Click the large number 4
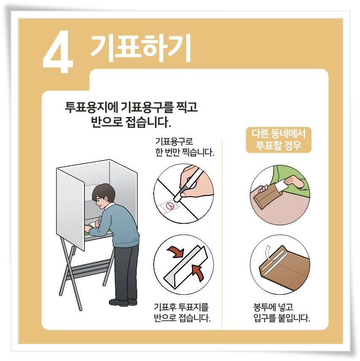58,52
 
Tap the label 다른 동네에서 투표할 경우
279,140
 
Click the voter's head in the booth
103,195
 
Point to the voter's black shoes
123,302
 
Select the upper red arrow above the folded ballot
176,252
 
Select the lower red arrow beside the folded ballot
198,272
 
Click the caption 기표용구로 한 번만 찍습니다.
184,147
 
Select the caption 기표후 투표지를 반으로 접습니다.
182,312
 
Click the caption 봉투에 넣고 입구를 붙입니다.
282,312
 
